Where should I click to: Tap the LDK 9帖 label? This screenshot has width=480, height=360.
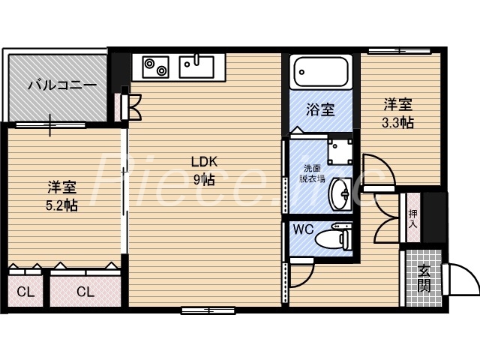[203, 169]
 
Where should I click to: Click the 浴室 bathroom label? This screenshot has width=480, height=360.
[320, 109]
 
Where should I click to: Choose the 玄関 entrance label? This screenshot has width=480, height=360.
[424, 278]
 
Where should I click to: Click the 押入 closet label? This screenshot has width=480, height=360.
[413, 217]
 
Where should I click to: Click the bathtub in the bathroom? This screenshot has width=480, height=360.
[320, 73]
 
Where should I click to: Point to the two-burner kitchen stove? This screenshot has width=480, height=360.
[155, 67]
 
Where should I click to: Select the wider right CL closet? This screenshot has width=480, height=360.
[85, 291]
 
